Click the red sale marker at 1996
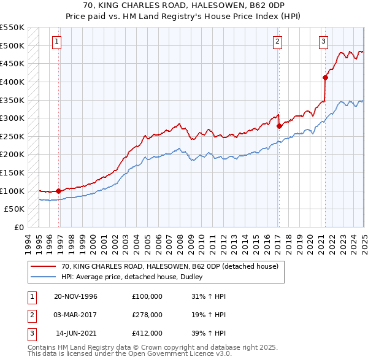click(59, 191)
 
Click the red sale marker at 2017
click(279, 126)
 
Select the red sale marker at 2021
click(325, 77)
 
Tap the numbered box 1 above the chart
click(56, 42)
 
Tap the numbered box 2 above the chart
click(277, 42)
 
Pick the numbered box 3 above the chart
click(323, 42)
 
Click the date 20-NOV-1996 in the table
click(75, 296)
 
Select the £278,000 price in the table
click(147, 315)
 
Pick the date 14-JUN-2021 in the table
click(76, 333)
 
